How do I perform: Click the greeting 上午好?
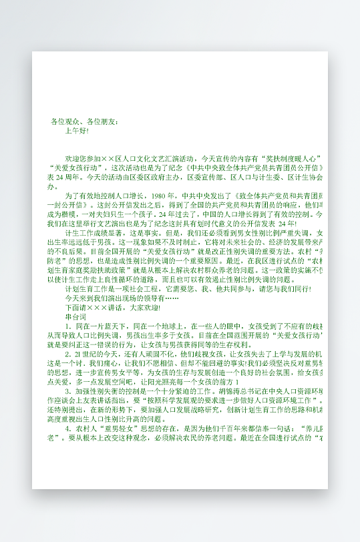point(77,131)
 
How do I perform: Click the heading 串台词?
point(76,318)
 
